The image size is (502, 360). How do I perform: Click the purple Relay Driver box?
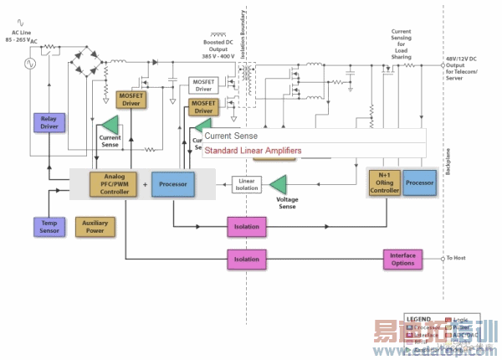pos(48,123)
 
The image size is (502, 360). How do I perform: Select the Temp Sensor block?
pos(48,226)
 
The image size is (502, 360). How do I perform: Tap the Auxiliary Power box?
pos(95,226)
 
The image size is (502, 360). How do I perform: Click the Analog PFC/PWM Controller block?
pos(115,184)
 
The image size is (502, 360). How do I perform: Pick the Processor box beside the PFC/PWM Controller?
pos(173,184)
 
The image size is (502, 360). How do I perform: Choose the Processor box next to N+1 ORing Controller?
pos(420,183)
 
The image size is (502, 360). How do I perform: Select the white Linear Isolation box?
pos(247,184)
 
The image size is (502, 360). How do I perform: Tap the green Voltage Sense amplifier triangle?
pos(278,183)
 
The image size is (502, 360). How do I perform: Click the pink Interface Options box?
pos(403,260)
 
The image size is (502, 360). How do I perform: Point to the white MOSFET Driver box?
pos(204,85)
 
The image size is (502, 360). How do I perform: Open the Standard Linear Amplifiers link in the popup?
pos(253,152)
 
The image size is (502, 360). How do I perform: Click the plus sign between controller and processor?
pos(144,184)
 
